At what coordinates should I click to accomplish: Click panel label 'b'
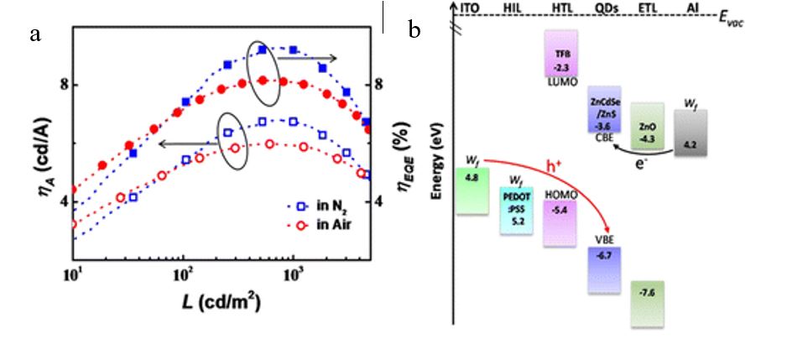pyautogui.click(x=414, y=32)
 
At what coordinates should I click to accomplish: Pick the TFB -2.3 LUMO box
pyautogui.click(x=558, y=54)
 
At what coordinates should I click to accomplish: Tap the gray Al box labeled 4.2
pyautogui.click(x=690, y=132)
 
